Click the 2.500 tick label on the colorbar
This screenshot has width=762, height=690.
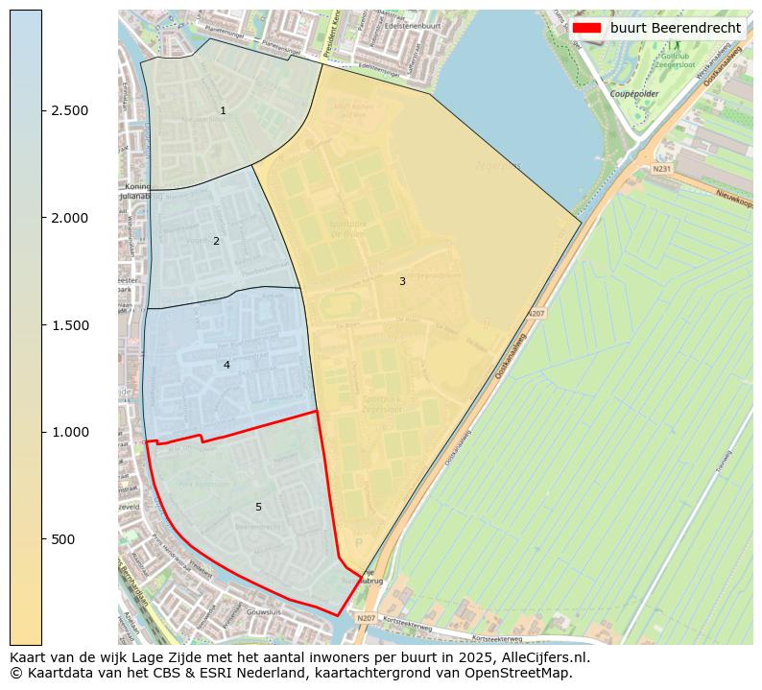coord(70,111)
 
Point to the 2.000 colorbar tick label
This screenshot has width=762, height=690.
coord(70,218)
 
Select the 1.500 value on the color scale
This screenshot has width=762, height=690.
coord(70,325)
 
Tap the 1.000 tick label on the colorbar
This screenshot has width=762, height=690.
coord(70,433)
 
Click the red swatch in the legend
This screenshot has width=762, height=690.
coord(585,28)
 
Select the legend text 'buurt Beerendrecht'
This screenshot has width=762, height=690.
coord(675,28)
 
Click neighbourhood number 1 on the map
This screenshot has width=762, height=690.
coord(223,111)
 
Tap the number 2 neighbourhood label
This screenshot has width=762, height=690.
coord(216,241)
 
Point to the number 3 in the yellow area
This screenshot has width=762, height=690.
coord(402,281)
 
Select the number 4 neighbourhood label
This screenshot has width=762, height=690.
coord(226,365)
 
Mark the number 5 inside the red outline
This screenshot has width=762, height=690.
coord(258,507)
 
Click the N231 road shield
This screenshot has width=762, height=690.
coord(661,169)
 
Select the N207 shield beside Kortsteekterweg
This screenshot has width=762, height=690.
coord(366,618)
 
